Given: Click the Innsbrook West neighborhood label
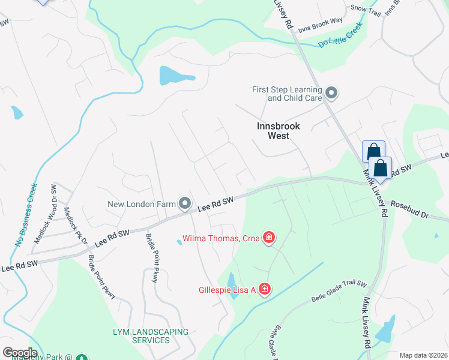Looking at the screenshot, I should (x=273, y=131).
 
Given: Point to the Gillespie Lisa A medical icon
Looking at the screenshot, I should (x=264, y=290).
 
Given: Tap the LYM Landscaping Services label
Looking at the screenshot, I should (x=150, y=336).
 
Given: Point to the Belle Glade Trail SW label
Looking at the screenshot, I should (x=339, y=292).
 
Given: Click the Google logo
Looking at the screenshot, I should (x=20, y=353).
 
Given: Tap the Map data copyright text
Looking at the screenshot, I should (x=423, y=355).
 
